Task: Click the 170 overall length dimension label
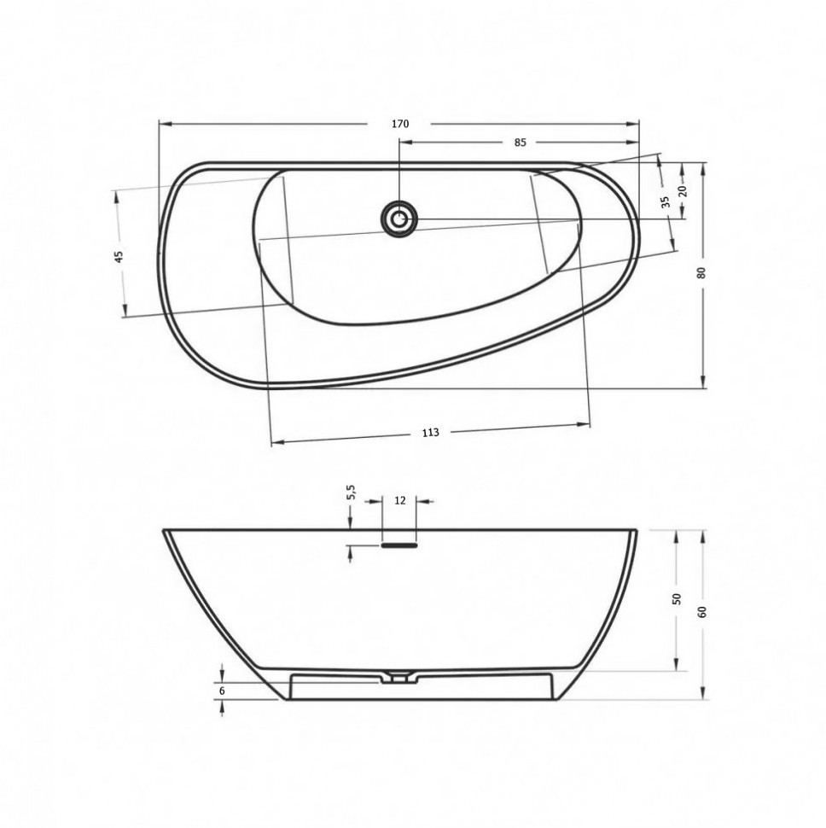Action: coord(400,124)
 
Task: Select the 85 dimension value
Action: coord(520,143)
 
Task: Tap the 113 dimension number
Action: coord(431,433)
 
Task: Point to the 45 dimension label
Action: coord(119,257)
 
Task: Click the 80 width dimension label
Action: coord(701,273)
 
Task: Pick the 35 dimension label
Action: coord(665,201)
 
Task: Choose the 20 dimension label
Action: coord(683,190)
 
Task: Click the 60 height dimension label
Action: coord(701,612)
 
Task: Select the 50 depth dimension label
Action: coord(678,599)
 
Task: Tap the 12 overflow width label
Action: coord(400,500)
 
